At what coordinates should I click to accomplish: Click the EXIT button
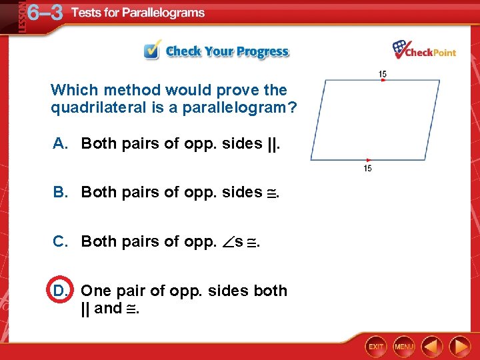coord(376,347)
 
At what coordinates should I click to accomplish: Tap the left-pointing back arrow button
coord(433,347)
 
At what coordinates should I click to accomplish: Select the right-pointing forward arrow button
coord(459,347)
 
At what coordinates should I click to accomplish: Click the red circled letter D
coord(59,291)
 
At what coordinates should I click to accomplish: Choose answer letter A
coord(61,143)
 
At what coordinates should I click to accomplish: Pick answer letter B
coord(61,192)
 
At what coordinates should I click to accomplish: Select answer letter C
coord(61,241)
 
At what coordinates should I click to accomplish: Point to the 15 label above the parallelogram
coord(382,73)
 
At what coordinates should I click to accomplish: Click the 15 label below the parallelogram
coord(367,168)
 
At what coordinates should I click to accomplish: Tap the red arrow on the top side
coord(383,81)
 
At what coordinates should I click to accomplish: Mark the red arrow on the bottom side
coord(367,160)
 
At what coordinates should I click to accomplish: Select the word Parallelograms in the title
coord(164,13)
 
